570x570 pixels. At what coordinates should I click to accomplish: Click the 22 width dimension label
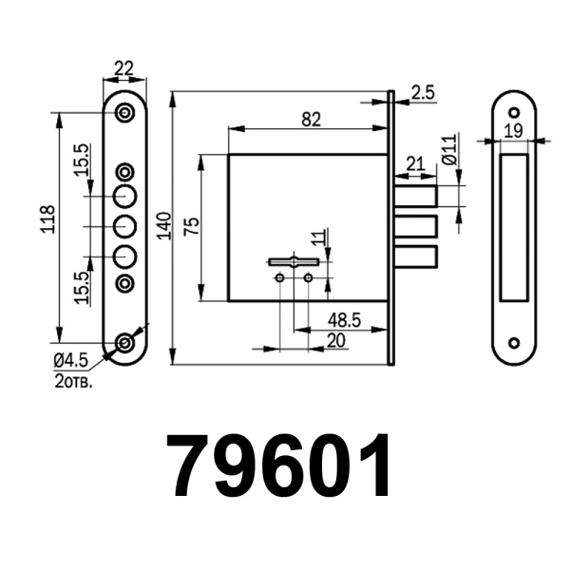123,67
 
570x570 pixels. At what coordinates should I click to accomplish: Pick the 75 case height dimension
191,226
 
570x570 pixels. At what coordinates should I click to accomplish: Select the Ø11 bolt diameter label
449,151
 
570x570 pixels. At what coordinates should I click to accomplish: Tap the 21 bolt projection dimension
414,163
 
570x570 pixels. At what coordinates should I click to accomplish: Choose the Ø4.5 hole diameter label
70,359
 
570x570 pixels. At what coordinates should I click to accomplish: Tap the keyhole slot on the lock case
294,261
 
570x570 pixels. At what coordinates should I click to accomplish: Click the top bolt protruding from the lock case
415,197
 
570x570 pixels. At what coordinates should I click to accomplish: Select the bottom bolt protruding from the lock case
415,257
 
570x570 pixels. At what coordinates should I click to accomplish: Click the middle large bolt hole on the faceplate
124,227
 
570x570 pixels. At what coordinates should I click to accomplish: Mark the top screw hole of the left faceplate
124,113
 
